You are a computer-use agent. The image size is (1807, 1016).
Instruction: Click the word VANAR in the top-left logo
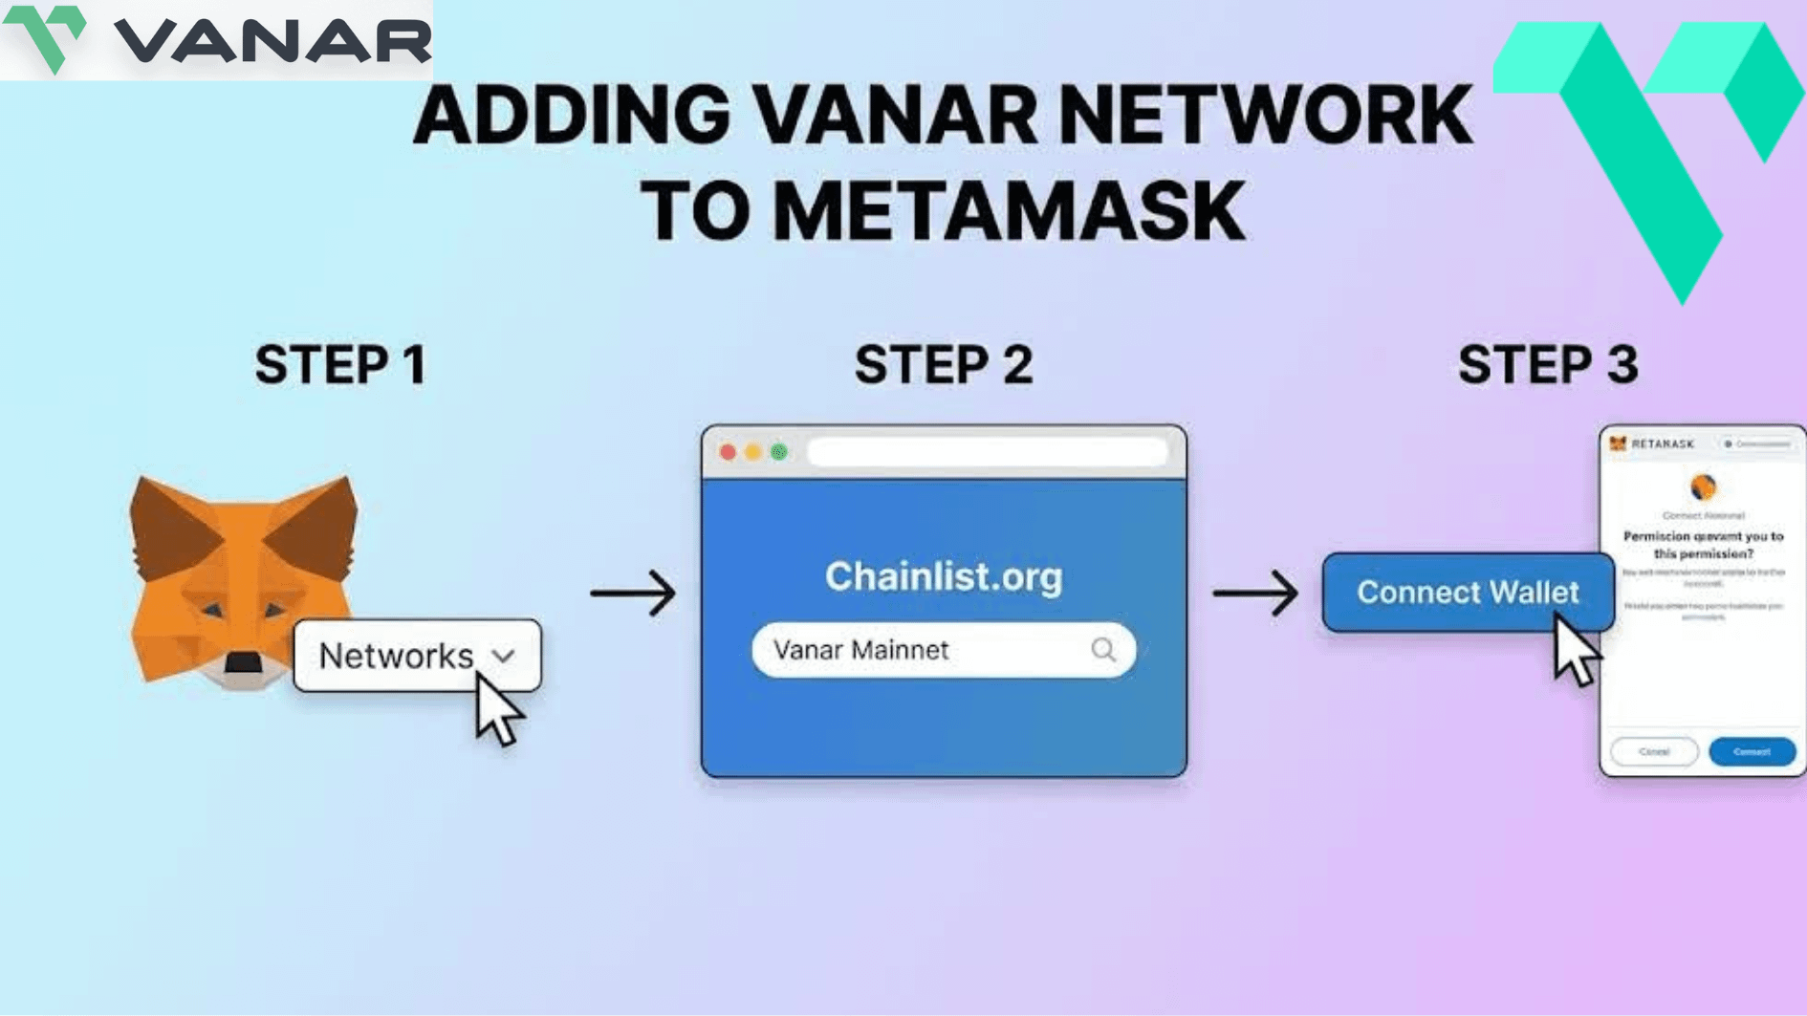coord(272,41)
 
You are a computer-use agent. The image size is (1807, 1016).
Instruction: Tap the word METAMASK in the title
coord(1009,211)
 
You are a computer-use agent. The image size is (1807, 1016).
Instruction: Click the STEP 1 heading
coord(340,365)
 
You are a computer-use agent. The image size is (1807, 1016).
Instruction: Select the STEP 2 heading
coord(944,365)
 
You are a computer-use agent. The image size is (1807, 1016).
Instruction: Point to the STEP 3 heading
coord(1548,365)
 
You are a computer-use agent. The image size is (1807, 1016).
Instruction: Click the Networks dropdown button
coord(417,656)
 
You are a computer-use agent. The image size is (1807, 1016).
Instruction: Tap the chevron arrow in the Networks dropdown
coord(503,657)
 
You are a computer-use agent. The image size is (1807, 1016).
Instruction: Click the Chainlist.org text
coord(944,576)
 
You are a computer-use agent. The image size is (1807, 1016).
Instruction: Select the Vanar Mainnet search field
coord(918,650)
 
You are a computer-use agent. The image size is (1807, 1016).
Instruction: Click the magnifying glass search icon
coord(1103,650)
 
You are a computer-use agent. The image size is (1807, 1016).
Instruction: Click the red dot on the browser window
coord(728,452)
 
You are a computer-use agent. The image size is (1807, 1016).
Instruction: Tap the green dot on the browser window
coord(779,452)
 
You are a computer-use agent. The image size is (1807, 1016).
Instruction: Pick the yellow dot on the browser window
coord(753,452)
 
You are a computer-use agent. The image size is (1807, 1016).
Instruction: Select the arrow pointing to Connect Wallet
coord(1255,593)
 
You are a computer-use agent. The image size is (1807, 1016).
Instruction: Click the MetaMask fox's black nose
coord(243,661)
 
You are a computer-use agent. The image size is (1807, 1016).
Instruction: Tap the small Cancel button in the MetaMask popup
coord(1654,751)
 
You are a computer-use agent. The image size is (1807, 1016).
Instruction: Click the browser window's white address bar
coord(988,452)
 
